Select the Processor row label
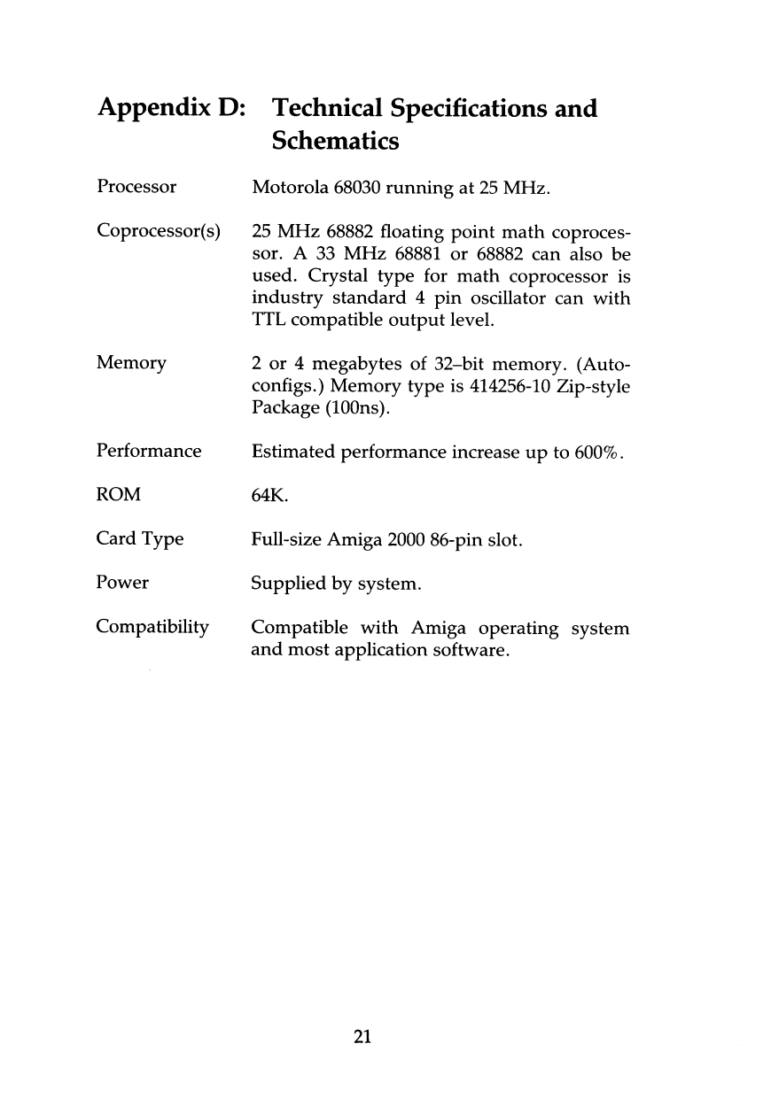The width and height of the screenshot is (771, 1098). [136, 188]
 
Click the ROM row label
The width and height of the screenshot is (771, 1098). [119, 494]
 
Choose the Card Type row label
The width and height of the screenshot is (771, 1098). [139, 538]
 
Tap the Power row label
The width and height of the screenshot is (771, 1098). [122, 583]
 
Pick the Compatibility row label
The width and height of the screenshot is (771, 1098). [152, 628]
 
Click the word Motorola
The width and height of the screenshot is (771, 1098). [290, 188]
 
